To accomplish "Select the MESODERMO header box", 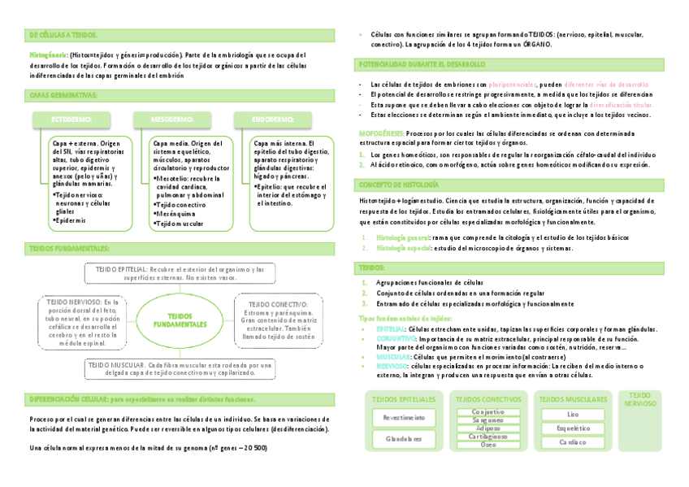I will pos(172,120).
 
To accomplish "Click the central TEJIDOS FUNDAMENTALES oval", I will pos(181,320).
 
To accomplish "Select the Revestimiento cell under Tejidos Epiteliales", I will pos(404,417).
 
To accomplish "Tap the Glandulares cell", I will pos(404,438).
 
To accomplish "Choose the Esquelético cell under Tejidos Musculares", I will pos(573,428).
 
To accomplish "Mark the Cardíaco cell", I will pos(573,442).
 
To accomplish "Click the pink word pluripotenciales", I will pos(513,85).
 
